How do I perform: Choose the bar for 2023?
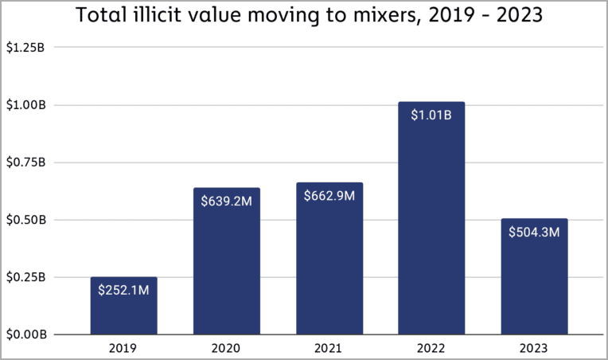(x=534, y=287)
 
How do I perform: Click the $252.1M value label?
(x=123, y=291)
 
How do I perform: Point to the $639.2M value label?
(x=226, y=202)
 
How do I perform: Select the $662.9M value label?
(x=329, y=196)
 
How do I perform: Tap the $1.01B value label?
(x=431, y=115)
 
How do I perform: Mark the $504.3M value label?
(x=534, y=232)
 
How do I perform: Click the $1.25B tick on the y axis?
(x=25, y=47)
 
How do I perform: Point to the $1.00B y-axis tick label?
(x=25, y=104)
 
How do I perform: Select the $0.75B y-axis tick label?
(x=25, y=162)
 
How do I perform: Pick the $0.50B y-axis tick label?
(x=25, y=219)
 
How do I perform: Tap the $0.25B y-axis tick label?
(x=25, y=276)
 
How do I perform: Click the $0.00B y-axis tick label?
(x=25, y=334)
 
